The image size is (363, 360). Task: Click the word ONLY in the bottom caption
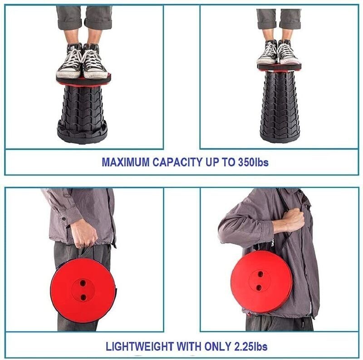(x=214, y=347)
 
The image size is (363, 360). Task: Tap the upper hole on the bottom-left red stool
(x=83, y=282)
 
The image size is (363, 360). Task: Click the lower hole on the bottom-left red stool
(x=83, y=297)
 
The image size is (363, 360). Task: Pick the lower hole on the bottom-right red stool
(x=259, y=287)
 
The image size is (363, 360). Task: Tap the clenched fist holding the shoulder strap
(x=293, y=220)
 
